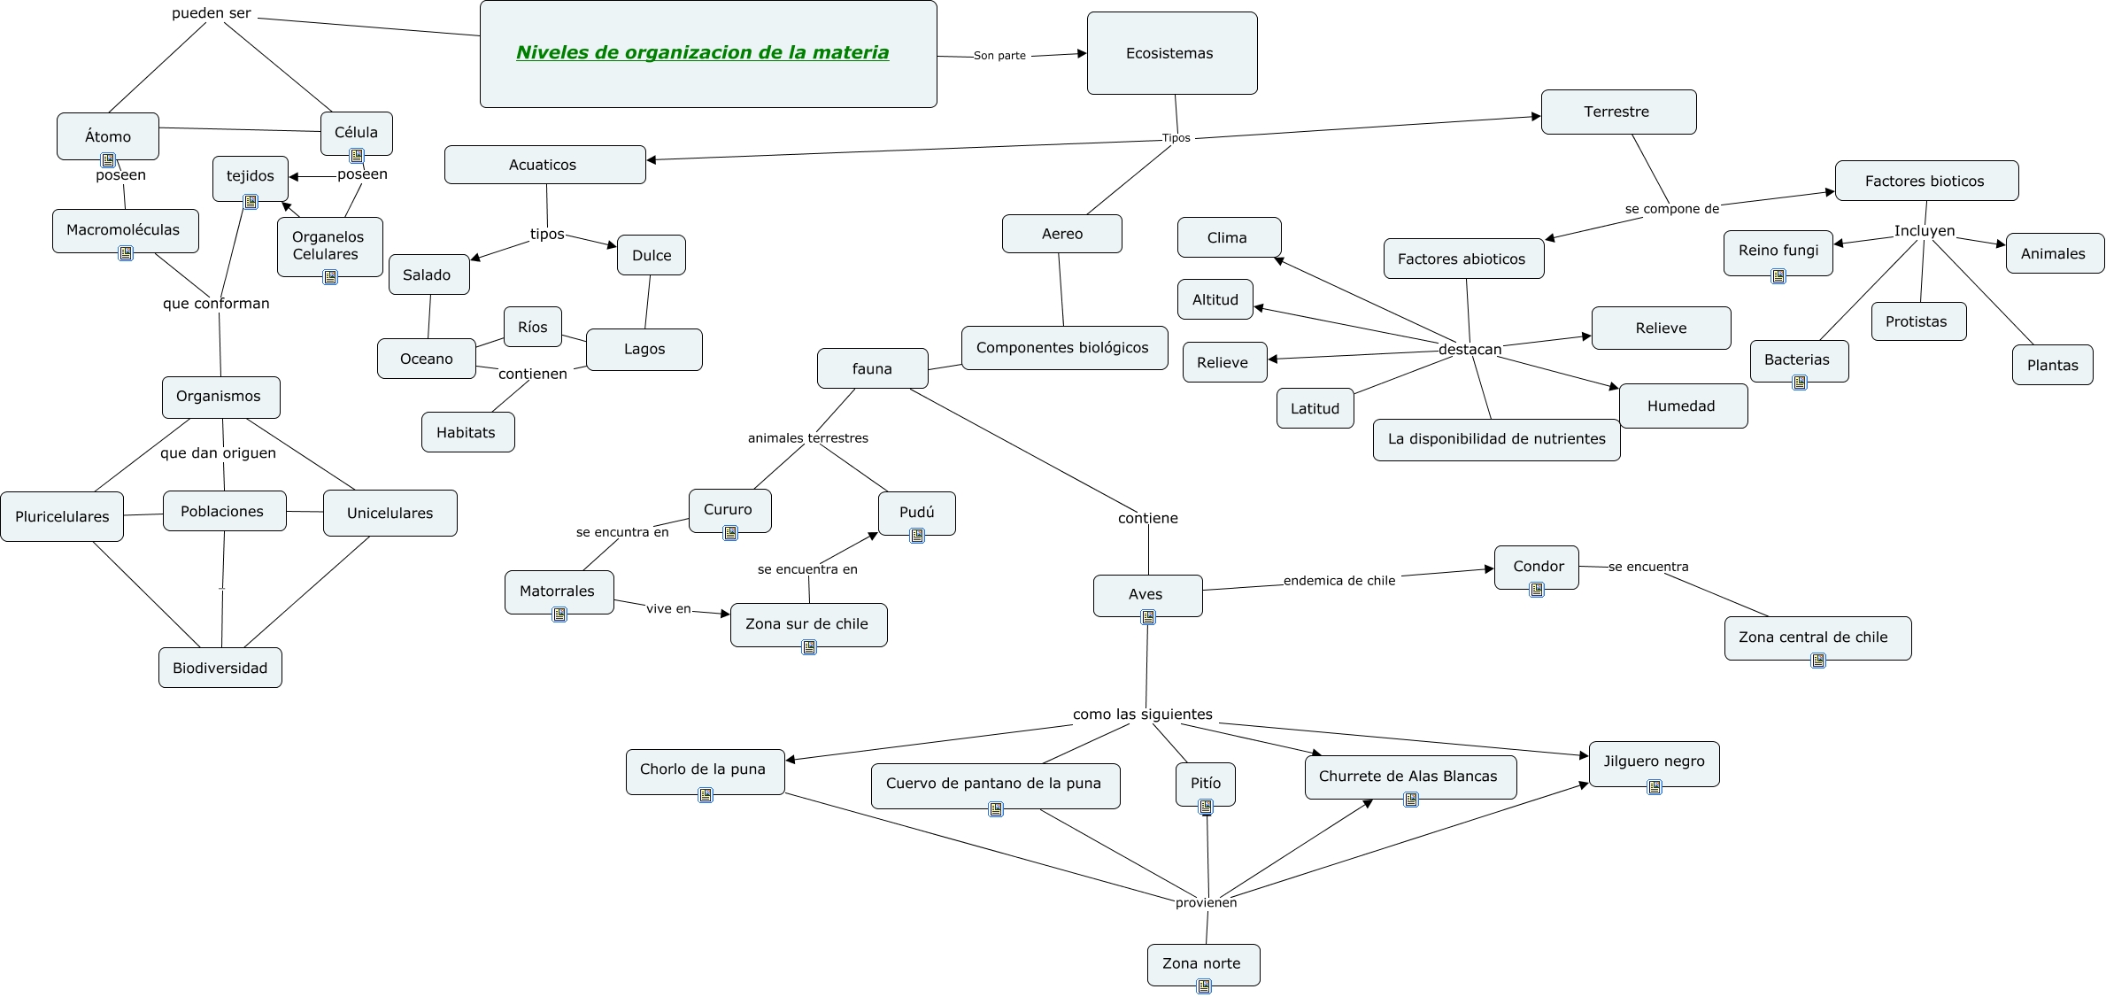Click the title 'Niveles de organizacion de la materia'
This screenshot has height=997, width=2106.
pos(702,53)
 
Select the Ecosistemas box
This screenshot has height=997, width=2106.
pos(1171,53)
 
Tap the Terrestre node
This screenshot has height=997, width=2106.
pos(1617,112)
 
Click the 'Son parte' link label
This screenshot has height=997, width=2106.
pos(999,56)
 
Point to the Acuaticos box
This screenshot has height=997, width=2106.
pos(544,165)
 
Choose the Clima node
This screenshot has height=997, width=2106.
pos(1228,237)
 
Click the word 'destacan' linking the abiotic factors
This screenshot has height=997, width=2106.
pos(1470,349)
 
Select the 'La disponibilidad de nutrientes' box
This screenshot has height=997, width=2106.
pos(1496,439)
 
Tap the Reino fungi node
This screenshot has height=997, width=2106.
pos(1778,251)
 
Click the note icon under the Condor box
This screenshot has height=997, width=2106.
pos(1537,590)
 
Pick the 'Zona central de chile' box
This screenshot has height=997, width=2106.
pos(1817,637)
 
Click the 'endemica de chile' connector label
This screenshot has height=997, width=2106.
pos(1338,581)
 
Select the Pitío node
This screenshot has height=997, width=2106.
pos(1205,783)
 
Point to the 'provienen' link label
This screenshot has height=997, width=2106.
pos(1206,902)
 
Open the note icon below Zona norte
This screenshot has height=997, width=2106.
pos(1203,986)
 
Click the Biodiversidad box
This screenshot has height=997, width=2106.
pos(220,668)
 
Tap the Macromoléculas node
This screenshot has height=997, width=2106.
pos(124,230)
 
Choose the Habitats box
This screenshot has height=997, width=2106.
pos(467,432)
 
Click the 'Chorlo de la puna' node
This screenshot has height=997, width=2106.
pos(704,769)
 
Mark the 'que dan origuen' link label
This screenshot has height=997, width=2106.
pos(218,453)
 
